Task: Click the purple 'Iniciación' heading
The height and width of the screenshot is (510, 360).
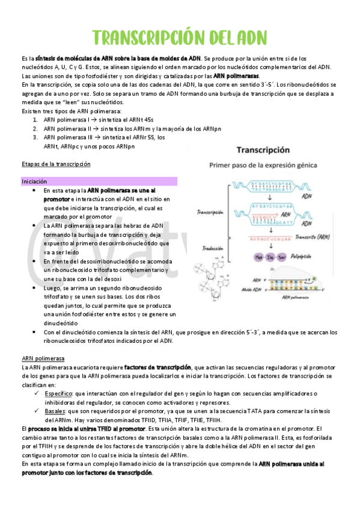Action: (34, 181)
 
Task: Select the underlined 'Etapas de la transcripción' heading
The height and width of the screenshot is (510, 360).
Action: (55, 164)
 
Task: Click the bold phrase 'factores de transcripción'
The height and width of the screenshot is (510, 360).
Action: (157, 367)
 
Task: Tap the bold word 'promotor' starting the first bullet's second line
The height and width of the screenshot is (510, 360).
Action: (56, 198)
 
